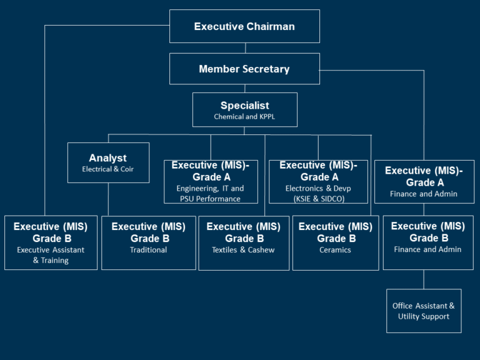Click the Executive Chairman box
(244, 26)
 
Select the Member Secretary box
(244, 69)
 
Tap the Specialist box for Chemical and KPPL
(244, 110)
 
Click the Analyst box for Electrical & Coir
(108, 162)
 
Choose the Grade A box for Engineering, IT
(211, 181)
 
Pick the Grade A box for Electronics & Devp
(318, 181)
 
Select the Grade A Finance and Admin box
(424, 181)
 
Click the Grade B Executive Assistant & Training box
(51, 242)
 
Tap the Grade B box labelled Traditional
(148, 242)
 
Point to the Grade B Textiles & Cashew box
(243, 242)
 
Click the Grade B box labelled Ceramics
(335, 242)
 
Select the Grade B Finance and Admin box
(427, 242)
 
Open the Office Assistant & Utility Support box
(424, 311)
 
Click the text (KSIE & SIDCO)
(318, 199)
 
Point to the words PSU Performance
(210, 199)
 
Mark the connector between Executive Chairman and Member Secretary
(245, 48)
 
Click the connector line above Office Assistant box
(424, 279)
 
